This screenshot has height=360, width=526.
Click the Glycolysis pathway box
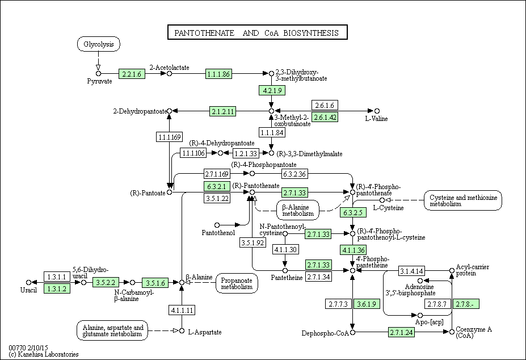point(99,44)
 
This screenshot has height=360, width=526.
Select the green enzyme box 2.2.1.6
point(132,74)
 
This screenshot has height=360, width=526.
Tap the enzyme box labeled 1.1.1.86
point(218,74)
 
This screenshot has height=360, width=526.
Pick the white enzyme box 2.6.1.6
point(325,105)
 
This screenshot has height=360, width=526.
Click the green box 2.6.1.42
point(325,117)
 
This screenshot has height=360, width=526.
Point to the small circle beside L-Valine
point(377,111)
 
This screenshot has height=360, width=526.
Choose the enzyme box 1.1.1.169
point(170,137)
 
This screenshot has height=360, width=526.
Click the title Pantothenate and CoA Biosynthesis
point(257,32)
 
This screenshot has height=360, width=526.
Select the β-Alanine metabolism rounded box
point(298,210)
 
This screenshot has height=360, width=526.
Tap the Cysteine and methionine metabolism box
point(463,200)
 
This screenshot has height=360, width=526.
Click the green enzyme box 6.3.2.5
point(353,212)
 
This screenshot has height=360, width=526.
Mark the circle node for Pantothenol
point(217,225)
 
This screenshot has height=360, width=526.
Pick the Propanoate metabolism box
point(237,283)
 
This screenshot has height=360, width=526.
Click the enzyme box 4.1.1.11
point(182,310)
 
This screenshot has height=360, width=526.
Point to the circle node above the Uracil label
point(29,282)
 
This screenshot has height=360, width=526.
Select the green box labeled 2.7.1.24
point(402,333)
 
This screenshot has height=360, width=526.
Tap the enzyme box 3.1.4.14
point(411,271)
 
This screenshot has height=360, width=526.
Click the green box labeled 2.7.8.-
point(466,304)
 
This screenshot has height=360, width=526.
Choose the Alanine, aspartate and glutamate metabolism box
point(112,330)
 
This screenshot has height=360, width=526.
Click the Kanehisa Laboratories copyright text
point(44,354)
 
